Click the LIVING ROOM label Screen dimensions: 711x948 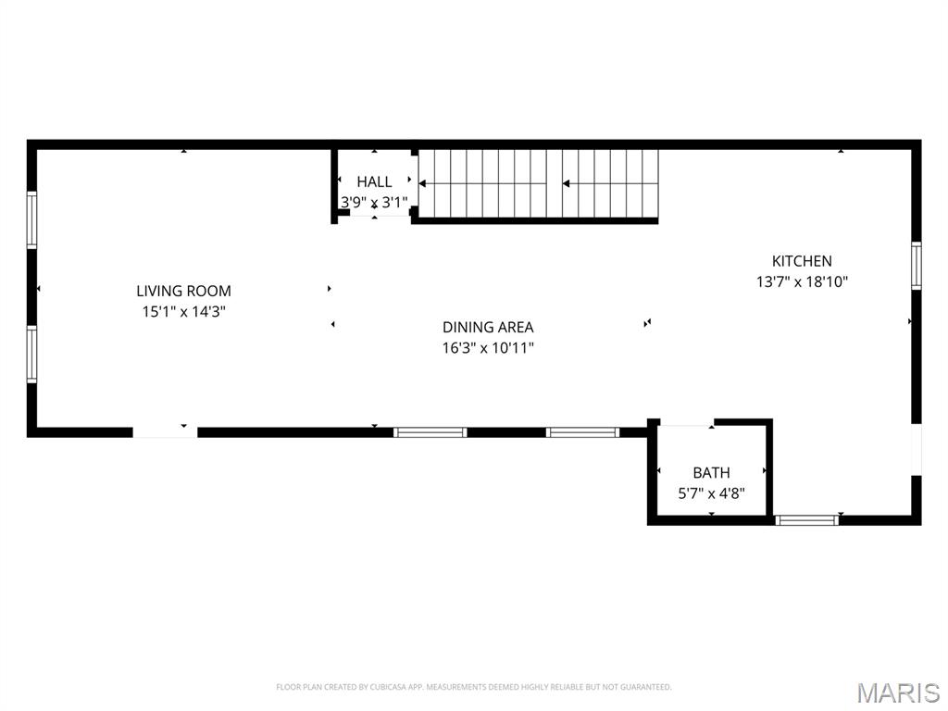pyautogui.click(x=183, y=291)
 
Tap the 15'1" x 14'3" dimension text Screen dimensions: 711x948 pyautogui.click(x=183, y=312)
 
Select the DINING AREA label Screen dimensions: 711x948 pyautogui.click(x=488, y=327)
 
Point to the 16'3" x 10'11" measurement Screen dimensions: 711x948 pyautogui.click(x=488, y=348)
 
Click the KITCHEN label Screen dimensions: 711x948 pyautogui.click(x=802, y=261)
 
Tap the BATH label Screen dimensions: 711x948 pyautogui.click(x=711, y=472)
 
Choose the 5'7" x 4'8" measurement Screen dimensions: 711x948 pyautogui.click(x=711, y=493)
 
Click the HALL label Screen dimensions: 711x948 pyautogui.click(x=374, y=181)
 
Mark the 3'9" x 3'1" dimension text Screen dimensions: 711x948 pyautogui.click(x=374, y=201)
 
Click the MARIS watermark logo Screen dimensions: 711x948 pyautogui.click(x=897, y=692)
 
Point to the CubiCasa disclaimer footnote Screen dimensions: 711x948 pyautogui.click(x=473, y=687)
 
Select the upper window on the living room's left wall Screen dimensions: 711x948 pyautogui.click(x=31, y=218)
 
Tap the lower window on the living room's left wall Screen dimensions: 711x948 pyautogui.click(x=31, y=354)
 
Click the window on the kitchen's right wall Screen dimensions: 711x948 pyautogui.click(x=916, y=266)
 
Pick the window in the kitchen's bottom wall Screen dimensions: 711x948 pyautogui.click(x=806, y=519)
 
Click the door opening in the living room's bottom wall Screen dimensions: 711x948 pyautogui.click(x=165, y=431)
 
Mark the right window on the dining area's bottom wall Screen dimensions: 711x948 pyautogui.click(x=582, y=431)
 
